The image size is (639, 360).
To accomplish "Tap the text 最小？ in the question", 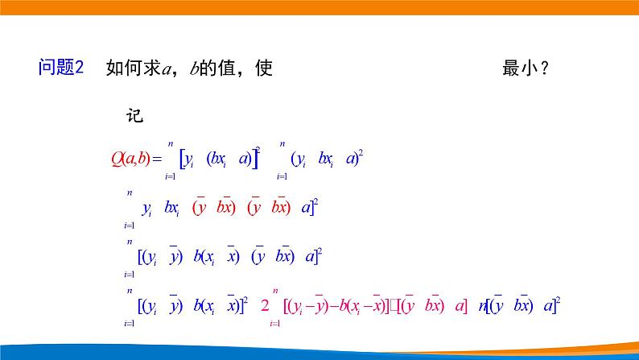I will coord(526,68).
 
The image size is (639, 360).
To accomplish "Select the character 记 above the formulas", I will coord(134,115).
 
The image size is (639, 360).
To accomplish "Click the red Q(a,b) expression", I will coord(130,158).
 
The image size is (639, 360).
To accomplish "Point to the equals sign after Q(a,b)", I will coord(157,159).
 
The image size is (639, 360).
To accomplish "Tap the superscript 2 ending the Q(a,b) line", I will coord(361,152).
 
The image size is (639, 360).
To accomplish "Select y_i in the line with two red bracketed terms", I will coord(146,209).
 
